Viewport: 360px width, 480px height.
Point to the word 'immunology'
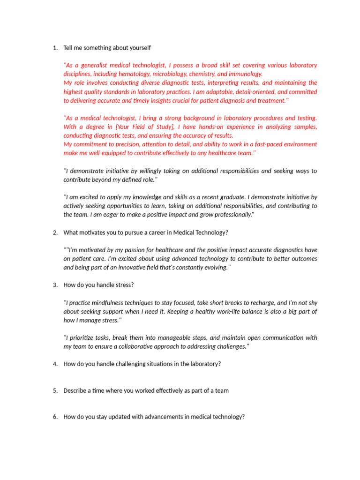(x=247, y=74)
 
